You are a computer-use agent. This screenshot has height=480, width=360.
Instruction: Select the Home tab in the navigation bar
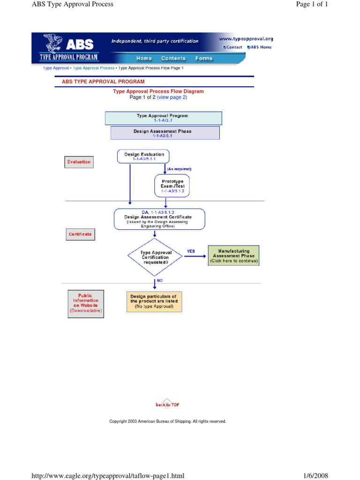coord(144,59)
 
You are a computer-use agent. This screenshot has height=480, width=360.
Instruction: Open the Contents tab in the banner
coord(173,59)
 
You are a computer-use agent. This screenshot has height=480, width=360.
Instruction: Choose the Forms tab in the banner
coord(204,59)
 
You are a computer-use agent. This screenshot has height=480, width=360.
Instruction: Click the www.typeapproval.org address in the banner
coord(246,39)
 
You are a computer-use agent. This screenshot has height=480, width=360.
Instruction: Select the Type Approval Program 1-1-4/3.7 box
coord(163,118)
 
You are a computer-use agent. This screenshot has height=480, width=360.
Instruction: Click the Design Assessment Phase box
coord(165,133)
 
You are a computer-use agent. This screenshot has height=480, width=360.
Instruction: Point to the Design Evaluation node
coord(144,156)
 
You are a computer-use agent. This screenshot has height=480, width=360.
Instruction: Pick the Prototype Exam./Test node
coord(173,185)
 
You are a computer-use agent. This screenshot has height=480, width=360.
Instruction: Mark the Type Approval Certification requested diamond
coord(156,257)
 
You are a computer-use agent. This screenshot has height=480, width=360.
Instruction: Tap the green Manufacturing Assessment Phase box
coord(233,255)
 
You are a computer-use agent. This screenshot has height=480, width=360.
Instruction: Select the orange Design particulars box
coord(154,301)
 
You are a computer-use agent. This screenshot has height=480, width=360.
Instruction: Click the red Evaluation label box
coord(79,162)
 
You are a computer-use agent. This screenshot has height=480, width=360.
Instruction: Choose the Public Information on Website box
coord(85,303)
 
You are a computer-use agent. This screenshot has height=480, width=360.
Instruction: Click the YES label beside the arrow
coord(191,251)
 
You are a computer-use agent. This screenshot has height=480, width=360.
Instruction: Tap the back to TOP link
coord(167,404)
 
